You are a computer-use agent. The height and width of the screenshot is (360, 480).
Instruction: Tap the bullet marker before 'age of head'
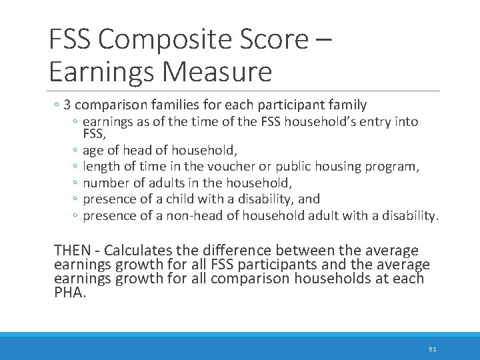pos(77,151)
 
